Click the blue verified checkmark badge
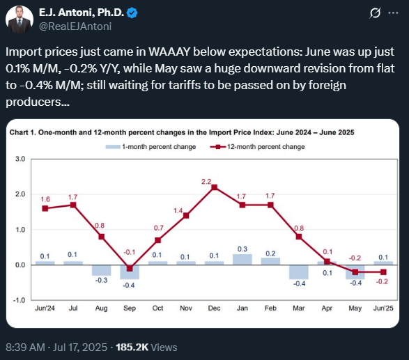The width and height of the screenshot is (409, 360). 132,13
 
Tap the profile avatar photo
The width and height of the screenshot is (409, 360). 20,19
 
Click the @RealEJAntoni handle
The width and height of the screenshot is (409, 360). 75,26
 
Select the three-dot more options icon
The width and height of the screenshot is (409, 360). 393,13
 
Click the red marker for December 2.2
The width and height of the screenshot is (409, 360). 214,187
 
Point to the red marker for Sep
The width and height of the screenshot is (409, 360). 130,268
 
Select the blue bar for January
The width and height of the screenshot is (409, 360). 242,259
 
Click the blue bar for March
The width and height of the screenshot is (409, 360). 299,272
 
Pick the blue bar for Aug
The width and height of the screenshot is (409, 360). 102,270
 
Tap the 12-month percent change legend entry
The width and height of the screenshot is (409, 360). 257,147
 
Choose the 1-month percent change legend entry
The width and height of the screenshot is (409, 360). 151,147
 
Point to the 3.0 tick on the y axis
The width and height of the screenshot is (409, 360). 20,159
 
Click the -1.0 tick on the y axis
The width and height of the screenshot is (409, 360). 19,300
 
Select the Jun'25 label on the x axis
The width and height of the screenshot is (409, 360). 383,308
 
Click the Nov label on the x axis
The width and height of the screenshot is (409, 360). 186,308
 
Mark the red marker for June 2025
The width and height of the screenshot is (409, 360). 383,272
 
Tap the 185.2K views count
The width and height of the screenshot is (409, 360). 132,347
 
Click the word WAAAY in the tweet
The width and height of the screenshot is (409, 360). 169,52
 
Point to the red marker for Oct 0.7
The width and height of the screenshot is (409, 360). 157,240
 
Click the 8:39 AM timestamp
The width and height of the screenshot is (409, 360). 25,347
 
